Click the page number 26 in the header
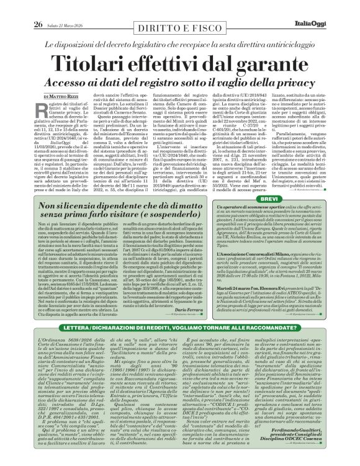point(20,8)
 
